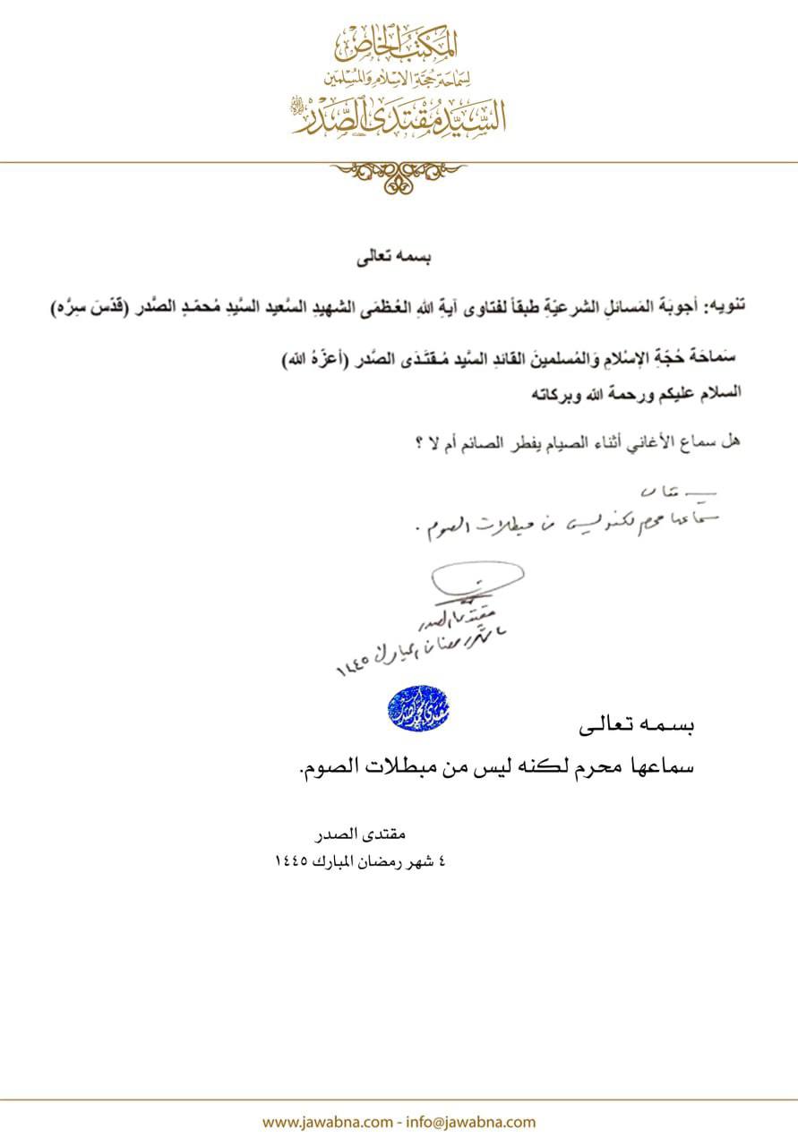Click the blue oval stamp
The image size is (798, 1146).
click(418, 706)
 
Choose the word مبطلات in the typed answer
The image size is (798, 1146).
click(384, 765)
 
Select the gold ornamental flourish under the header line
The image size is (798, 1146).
click(399, 175)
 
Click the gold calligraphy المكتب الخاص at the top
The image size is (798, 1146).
click(399, 40)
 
